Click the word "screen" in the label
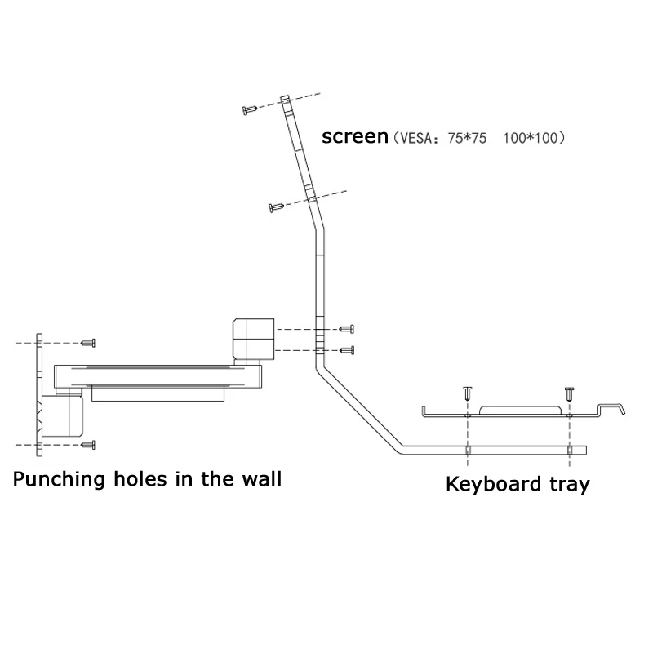coord(355,136)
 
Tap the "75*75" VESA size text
coord(467,138)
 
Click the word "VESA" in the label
coord(414,138)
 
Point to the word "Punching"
coord(59,479)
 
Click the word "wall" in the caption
coord(262,478)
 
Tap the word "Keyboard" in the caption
coord(494,483)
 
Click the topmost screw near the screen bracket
coord(250,110)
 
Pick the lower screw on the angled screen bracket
coord(276,207)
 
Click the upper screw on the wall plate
coord(88,343)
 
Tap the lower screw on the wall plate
coord(88,445)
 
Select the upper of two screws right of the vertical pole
coord(347,329)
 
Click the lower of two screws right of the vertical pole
coord(347,350)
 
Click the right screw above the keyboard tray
coord(569,393)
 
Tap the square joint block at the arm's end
coord(253,339)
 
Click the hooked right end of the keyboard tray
coord(611,408)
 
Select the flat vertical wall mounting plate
coord(39,395)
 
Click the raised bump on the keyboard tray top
coord(521,410)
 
